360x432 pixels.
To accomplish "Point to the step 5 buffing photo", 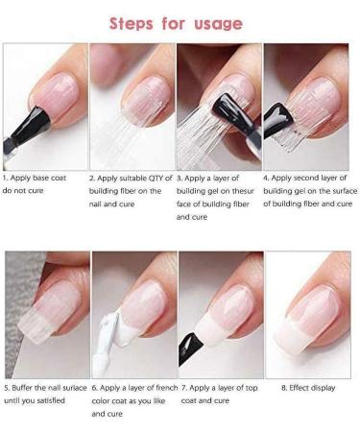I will click(45, 315).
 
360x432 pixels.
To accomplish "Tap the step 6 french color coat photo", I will click(132, 315).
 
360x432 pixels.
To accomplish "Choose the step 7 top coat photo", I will click(219, 315).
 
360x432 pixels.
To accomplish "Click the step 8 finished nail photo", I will click(305, 315).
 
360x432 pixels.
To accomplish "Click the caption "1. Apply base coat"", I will click(37, 178).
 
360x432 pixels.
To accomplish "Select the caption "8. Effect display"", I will click(305, 388).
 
